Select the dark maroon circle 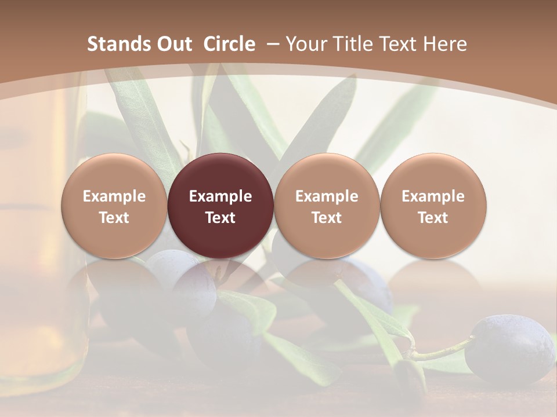(220, 206)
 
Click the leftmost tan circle (114, 206)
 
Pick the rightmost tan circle (433, 206)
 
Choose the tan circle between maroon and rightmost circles (327, 206)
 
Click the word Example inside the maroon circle (220, 196)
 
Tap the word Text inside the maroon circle (220, 218)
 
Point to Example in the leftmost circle (114, 196)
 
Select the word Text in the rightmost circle (433, 218)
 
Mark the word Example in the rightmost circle (433, 196)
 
